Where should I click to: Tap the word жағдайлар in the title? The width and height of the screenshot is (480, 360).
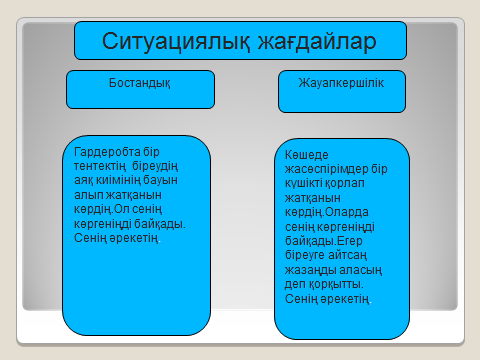pyautogui.click(x=299, y=41)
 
